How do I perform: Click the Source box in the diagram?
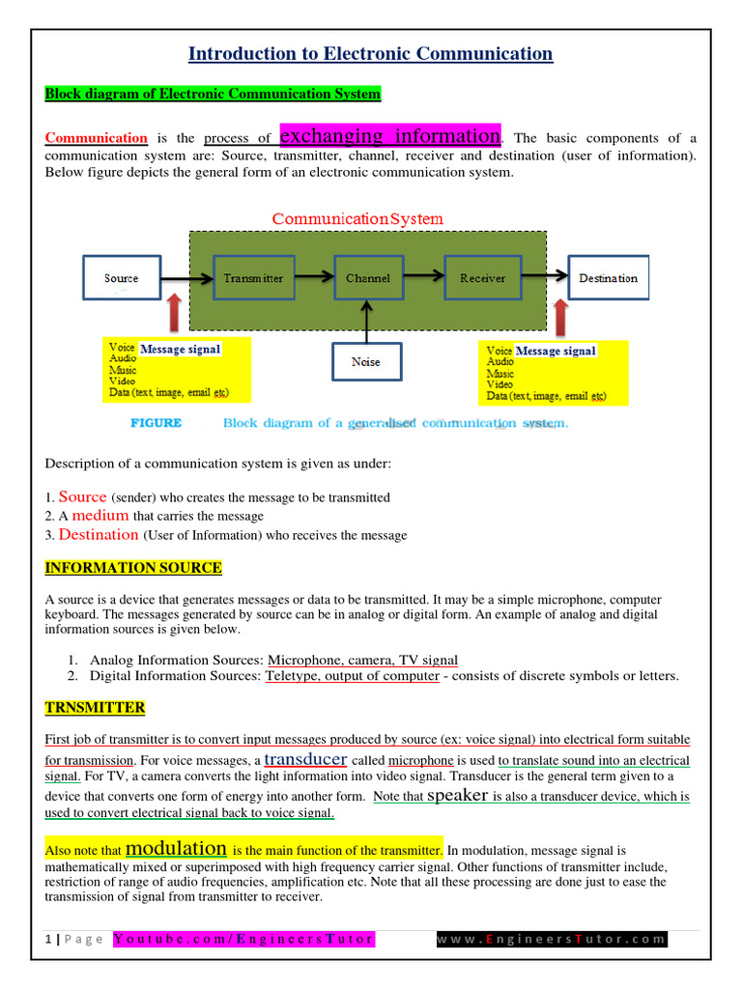pos(121,278)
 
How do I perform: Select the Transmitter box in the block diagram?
pos(253,278)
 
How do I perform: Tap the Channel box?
pos(367,278)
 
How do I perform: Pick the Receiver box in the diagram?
pos(482,278)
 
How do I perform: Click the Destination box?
pos(608,278)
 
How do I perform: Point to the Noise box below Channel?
pos(365,362)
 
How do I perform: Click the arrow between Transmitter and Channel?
pos(314,277)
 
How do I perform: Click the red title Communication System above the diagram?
pos(357,219)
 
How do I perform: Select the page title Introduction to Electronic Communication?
pos(370,54)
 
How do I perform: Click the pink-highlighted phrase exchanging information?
pos(389,135)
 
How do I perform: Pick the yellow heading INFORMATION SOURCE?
pos(133,568)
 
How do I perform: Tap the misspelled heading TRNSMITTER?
pos(95,708)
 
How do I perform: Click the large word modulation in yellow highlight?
pos(176,849)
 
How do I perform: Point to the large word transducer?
pos(305,759)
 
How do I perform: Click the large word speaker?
pos(457,796)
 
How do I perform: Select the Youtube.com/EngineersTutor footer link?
pos(243,939)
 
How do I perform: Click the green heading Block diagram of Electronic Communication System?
pos(213,94)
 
